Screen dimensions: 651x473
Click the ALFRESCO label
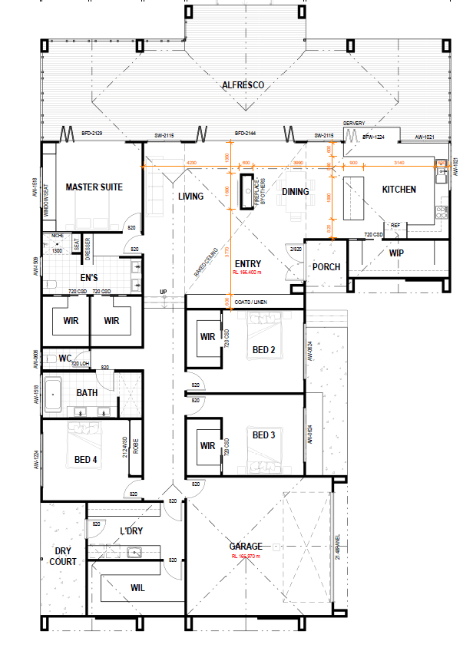coord(243,85)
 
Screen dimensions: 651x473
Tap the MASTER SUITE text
coord(94,187)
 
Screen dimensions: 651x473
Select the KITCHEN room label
coord(399,190)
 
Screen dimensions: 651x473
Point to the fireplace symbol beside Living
coord(248,187)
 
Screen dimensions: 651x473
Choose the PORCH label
coord(326,267)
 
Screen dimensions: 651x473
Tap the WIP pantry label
coord(395,252)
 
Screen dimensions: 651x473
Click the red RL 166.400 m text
coord(247,272)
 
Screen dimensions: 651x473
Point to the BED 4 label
coord(86,460)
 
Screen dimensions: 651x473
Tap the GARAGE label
coord(246,547)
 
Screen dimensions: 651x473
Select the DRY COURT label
coord(64,556)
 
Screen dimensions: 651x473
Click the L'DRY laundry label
coord(131,530)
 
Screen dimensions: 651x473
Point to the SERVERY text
coord(353,123)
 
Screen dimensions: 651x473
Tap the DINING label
coord(295,192)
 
